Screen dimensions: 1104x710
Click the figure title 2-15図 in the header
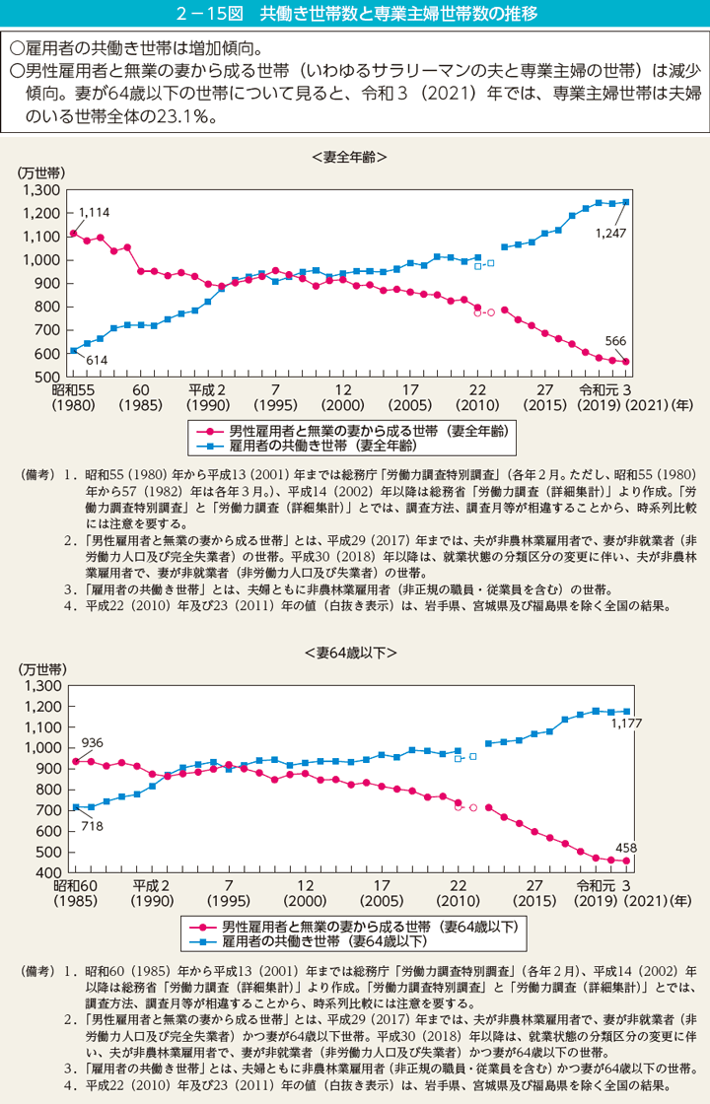click(354, 13)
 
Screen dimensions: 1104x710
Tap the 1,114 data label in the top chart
click(94, 212)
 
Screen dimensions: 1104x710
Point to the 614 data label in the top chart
click(96, 361)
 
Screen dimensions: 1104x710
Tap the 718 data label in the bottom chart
click(92, 825)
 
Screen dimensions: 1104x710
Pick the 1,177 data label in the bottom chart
click(626, 724)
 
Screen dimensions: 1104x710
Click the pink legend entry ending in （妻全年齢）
click(355, 431)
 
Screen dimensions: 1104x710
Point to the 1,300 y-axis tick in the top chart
click(41, 190)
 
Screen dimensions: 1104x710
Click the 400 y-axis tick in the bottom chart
click(48, 874)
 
